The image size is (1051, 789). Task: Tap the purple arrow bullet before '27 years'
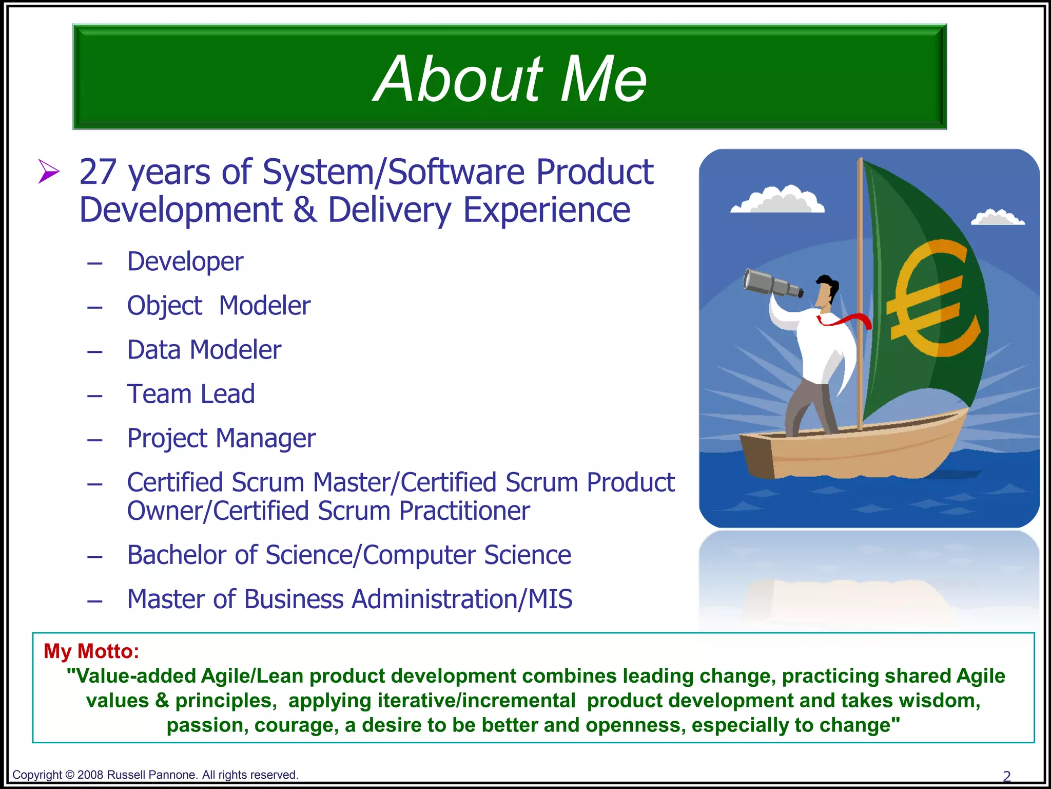[x=49, y=172]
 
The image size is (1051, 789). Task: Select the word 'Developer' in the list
[x=185, y=262]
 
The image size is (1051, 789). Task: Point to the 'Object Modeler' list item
[x=219, y=306]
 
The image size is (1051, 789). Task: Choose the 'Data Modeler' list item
[x=204, y=350]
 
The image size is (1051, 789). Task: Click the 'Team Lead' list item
[x=191, y=394]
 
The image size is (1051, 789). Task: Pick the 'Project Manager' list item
[x=221, y=439]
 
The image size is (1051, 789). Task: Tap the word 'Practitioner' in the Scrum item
[x=464, y=511]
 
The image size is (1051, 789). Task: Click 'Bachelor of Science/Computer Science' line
[x=349, y=555]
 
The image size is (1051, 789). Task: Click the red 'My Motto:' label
[x=91, y=651]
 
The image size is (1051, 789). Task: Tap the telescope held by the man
[x=772, y=284]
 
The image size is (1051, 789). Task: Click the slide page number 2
[x=1006, y=776]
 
